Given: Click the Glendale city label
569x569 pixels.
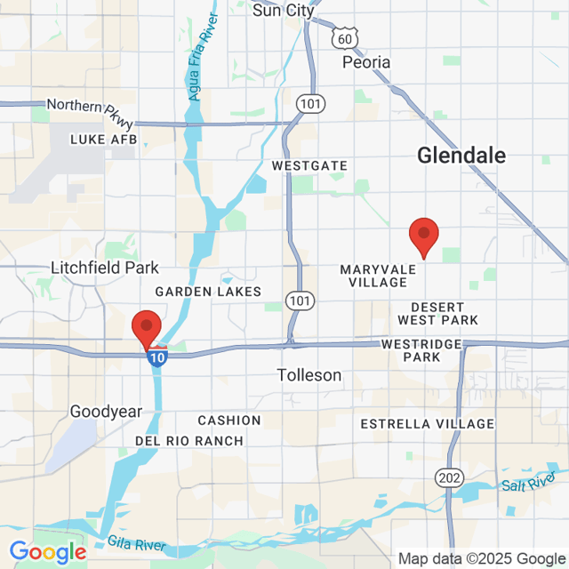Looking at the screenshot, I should [461, 156].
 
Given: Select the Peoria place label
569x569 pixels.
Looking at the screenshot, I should [366, 62].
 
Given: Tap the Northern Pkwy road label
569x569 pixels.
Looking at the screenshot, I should [87, 105].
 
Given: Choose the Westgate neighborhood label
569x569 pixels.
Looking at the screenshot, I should [309, 166].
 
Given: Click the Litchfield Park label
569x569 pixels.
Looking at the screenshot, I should [105, 268].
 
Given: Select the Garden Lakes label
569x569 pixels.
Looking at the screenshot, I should [208, 292].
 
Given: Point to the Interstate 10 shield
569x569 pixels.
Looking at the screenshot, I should [156, 357].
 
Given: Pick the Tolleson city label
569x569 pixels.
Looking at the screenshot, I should [309, 375].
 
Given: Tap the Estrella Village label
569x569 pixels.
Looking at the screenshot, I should [427, 424].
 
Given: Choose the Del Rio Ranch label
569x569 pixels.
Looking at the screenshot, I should [188, 441].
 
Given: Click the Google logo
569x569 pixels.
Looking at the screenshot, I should [48, 552].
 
